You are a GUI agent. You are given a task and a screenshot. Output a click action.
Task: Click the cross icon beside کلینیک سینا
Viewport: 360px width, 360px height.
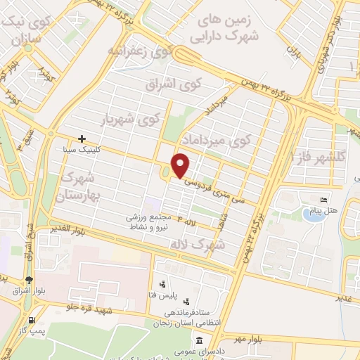pos(82,139)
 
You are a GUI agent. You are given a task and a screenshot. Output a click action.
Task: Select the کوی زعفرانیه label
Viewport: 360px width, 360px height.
pos(139,50)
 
